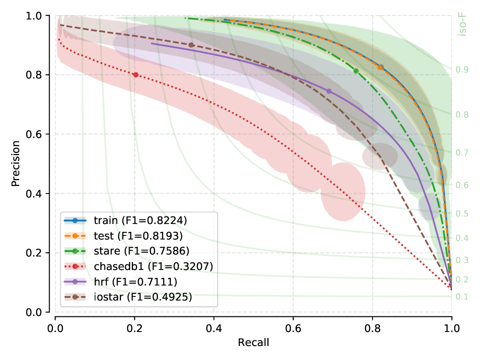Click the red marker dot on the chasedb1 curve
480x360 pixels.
(135, 75)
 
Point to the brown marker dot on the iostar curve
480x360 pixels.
(191, 45)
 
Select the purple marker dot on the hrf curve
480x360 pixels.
(328, 91)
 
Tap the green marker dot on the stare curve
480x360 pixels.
(356, 71)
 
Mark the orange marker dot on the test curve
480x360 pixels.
(380, 67)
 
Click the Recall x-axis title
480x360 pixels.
(253, 342)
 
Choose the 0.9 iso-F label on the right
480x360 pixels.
(462, 69)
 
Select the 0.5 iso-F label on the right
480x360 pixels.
(462, 213)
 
